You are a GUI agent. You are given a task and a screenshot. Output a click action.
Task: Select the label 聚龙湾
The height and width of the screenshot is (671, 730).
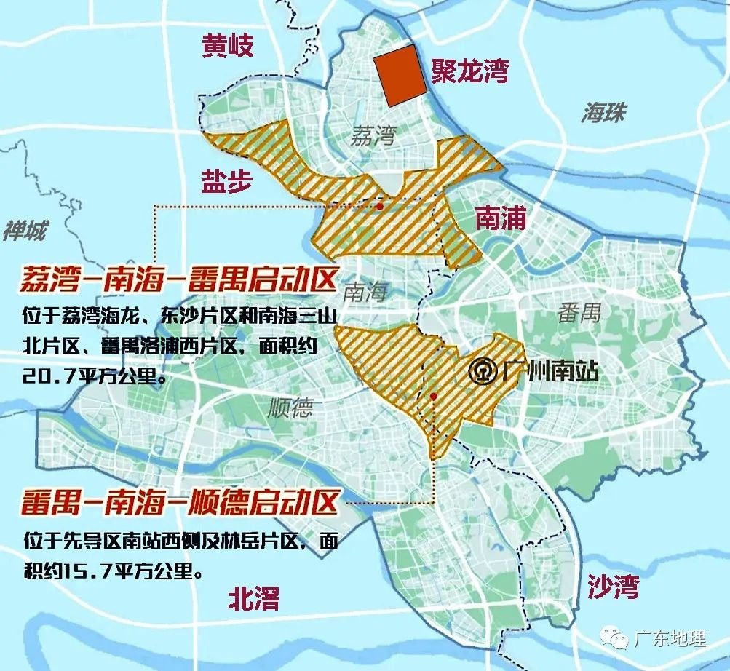pos(469,71)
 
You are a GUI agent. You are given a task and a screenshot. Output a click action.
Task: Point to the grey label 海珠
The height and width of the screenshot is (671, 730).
pos(603,113)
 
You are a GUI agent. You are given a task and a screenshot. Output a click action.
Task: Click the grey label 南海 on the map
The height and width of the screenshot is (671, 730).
pos(365,293)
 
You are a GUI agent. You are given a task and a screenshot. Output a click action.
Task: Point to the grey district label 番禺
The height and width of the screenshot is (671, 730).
pos(580,313)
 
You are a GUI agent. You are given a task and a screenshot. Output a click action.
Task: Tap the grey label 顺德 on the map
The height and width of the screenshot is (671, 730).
pos(290,408)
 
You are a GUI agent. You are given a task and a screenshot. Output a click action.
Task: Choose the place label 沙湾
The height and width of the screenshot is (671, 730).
pos(613,586)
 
